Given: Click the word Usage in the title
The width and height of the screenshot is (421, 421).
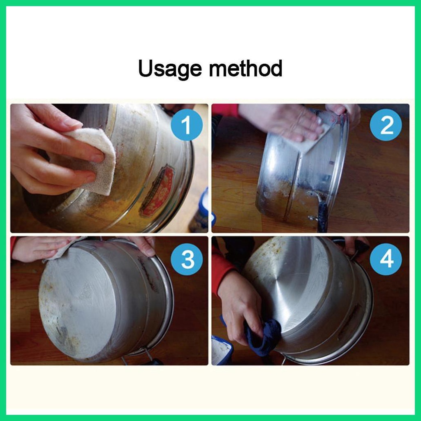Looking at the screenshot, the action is (x=170, y=69).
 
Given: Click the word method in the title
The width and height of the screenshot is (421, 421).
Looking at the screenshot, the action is (x=245, y=68).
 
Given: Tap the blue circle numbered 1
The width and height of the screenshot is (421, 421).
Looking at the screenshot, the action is (x=187, y=125).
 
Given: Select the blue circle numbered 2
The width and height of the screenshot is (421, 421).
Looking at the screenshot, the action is (x=386, y=125).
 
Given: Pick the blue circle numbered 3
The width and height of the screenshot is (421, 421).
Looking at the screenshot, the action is (x=187, y=259).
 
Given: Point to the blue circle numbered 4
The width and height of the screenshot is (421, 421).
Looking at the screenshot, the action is (x=386, y=259).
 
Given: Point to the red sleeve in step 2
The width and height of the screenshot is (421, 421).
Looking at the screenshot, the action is (x=226, y=110).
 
